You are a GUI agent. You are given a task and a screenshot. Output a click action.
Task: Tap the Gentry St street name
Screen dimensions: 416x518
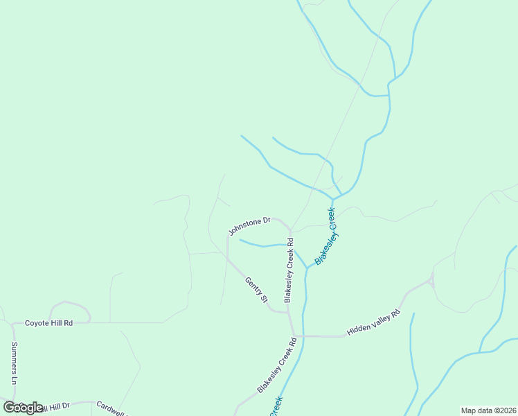[256, 290]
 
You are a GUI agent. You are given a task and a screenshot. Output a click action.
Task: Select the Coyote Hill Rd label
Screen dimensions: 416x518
[49, 323]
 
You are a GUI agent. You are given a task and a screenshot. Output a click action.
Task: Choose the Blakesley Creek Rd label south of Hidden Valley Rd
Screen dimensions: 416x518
[277, 365]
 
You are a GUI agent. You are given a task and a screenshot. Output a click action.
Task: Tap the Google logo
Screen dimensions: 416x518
[23, 408]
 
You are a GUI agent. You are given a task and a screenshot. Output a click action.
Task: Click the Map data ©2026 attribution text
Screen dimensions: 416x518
[488, 410]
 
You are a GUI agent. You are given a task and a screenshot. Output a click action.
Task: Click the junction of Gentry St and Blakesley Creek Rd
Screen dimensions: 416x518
[288, 312]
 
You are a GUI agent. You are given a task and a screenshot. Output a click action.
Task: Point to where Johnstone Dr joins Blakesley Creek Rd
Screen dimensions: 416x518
[290, 230]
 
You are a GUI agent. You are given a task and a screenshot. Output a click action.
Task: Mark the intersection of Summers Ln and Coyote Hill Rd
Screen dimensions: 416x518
[13, 323]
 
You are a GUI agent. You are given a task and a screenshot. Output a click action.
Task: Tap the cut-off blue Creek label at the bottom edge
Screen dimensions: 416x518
[276, 407]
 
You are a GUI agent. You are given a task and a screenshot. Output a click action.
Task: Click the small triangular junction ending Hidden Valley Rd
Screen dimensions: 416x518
[431, 280]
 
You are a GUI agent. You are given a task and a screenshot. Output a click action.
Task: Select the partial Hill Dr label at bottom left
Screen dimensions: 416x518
[55, 406]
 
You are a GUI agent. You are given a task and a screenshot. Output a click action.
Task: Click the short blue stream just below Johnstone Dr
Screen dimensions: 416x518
[263, 245]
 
